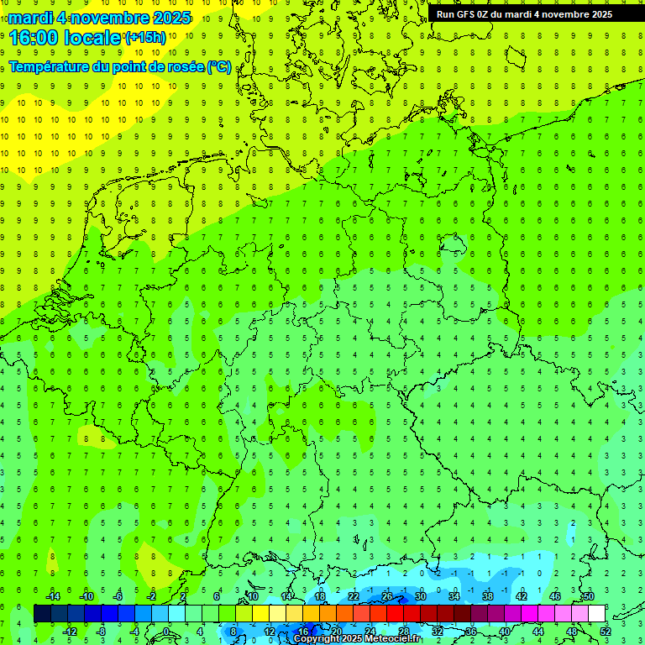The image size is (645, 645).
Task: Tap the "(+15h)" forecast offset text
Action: pos(145,38)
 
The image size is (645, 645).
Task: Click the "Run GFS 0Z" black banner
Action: pos(524,14)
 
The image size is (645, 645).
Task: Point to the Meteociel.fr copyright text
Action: pos(357,639)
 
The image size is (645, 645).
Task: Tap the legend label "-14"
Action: pos(52,596)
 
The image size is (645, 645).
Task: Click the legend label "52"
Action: pos(605,632)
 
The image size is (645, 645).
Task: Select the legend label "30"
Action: pos(420,596)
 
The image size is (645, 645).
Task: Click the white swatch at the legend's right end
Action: pos(596,614)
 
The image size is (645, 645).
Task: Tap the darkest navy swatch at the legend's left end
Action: pos(42,614)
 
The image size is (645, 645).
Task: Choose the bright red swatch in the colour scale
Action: pos(396,614)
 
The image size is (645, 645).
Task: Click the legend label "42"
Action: pos(521,596)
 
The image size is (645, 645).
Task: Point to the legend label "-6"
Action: pos(118,596)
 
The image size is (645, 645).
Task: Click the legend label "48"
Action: pos(571,632)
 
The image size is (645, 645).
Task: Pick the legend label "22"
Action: pos(354,596)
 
